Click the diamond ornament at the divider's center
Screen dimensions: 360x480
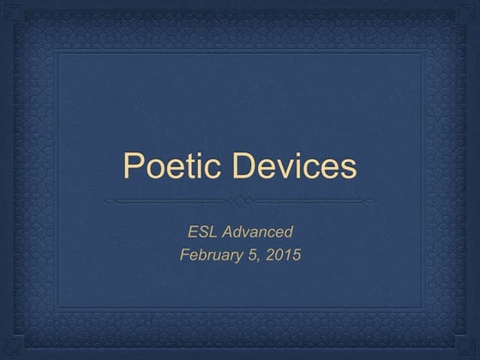(x=239, y=201)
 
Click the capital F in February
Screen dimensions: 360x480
(x=184, y=255)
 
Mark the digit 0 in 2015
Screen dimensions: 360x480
(x=279, y=255)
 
